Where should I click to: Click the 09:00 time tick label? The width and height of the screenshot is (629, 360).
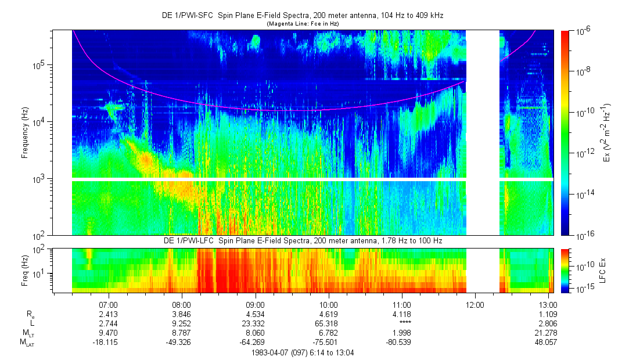point(255,304)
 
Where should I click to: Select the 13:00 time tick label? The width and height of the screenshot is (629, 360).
point(548,304)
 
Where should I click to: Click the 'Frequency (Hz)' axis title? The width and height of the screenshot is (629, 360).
point(25,133)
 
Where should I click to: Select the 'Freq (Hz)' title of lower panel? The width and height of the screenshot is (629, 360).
point(25,267)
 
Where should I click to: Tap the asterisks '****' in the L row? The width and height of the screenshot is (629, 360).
point(402,323)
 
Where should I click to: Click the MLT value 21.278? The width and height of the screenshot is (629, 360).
point(548,333)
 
